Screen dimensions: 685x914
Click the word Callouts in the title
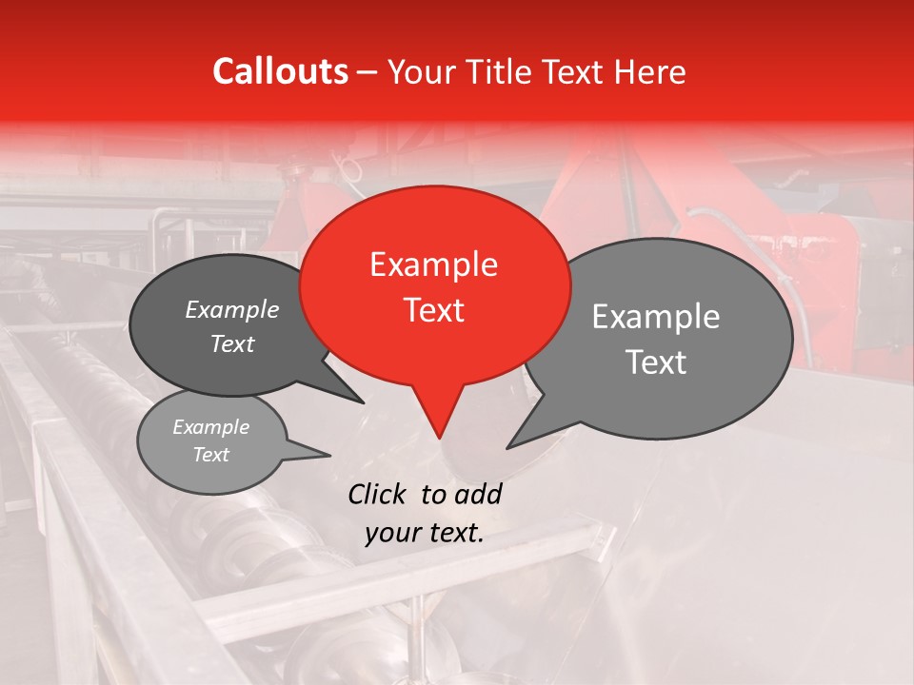280,71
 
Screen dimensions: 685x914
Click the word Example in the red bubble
433,264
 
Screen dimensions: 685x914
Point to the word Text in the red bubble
433,310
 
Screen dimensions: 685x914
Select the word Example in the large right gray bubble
656,317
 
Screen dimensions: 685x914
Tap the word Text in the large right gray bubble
656,362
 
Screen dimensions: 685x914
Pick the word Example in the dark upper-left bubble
232,309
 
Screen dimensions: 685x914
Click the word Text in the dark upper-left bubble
232,343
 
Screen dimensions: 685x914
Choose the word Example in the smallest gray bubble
210,427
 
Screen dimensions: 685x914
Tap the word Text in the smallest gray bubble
210,455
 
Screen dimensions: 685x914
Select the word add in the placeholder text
478,494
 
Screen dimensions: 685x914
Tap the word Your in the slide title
418,71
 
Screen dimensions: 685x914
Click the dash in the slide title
368,72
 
